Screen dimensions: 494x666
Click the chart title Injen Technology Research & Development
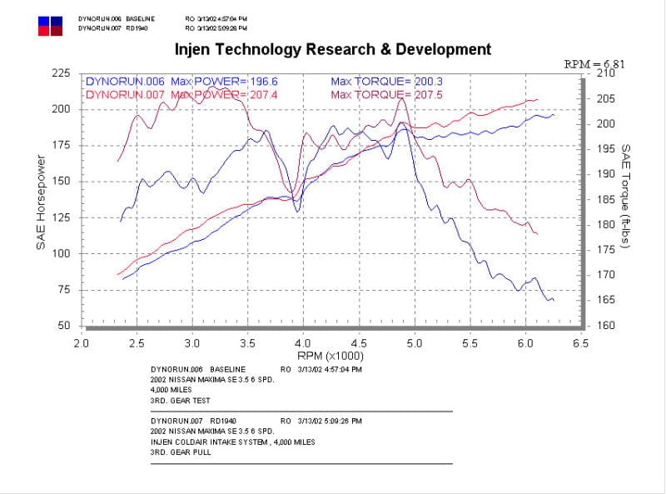pyautogui.click(x=333, y=49)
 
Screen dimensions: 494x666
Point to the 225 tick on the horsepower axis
pyautogui.click(x=60, y=73)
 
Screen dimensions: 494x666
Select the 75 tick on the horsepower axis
pyautogui.click(x=63, y=289)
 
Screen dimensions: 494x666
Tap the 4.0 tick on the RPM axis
pyautogui.click(x=303, y=342)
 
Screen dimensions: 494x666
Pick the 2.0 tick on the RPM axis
pyautogui.click(x=82, y=342)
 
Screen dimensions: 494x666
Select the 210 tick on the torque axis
pyautogui.click(x=606, y=74)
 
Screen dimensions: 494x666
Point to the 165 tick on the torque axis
pyautogui.click(x=606, y=300)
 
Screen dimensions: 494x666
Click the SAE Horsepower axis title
pyautogui.click(x=42, y=200)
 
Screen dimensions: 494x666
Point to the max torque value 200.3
pyautogui.click(x=430, y=82)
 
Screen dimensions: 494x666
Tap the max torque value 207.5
pyautogui.click(x=430, y=94)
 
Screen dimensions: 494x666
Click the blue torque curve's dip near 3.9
pyautogui.click(x=297, y=212)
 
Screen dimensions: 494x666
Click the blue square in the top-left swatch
pyautogui.click(x=44, y=19)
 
